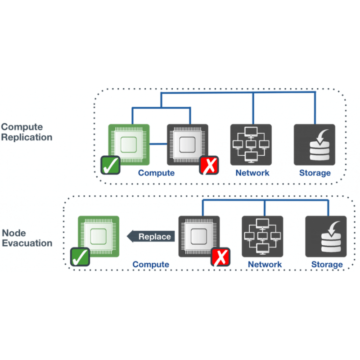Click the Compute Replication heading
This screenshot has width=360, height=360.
coord(27,132)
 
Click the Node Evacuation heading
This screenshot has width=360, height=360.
coord(27,238)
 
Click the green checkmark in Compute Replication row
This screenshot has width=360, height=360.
coord(110,165)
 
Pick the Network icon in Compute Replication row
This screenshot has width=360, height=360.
coord(251,144)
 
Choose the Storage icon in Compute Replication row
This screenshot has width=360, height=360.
coord(315,144)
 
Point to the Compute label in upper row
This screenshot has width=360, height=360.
coord(156,173)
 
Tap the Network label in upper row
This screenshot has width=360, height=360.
coord(252,173)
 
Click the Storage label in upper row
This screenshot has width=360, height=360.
coord(315,173)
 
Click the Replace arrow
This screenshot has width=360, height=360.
coord(150,236)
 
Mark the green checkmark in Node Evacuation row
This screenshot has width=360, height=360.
coord(80,257)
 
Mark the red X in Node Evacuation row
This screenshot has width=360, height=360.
coord(221,257)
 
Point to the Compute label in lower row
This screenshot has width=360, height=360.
coord(151,265)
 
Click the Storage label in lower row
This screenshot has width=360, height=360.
coord(327,265)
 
